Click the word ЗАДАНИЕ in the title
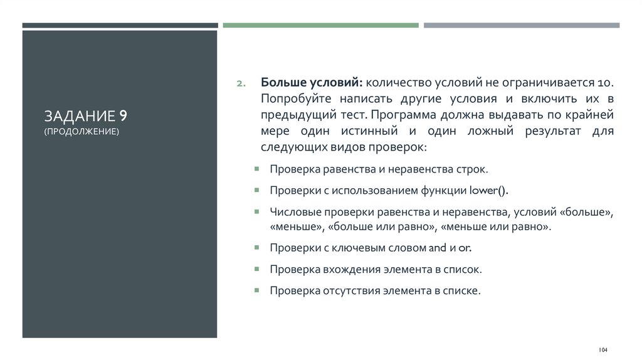[x=80, y=116]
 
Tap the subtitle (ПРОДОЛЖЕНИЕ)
[x=81, y=131]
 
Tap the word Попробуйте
[x=297, y=99]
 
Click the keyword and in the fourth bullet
[x=436, y=248]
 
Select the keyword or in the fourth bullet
[x=465, y=248]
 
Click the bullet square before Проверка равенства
[x=257, y=169]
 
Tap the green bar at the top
[x=320, y=26]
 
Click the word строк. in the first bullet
[x=472, y=169]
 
